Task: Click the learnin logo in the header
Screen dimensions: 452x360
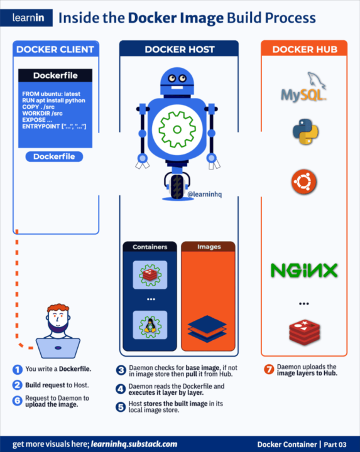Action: tap(26, 18)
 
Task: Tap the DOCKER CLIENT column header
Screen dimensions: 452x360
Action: tap(55, 49)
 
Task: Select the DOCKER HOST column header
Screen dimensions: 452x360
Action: tap(179, 49)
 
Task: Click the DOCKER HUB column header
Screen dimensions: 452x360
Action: tap(304, 49)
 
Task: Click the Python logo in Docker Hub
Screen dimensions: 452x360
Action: tap(305, 132)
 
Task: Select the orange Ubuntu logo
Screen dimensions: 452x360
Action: tap(305, 182)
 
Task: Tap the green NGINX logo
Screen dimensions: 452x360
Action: tap(304, 270)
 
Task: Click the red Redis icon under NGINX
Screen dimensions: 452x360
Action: tap(304, 330)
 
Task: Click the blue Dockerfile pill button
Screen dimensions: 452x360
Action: tap(55, 156)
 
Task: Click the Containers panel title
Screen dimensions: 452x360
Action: tap(150, 247)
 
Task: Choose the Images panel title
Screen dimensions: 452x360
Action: tap(209, 247)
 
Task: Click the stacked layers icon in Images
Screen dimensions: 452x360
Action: tap(208, 329)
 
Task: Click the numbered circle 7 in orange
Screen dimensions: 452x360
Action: tap(269, 369)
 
